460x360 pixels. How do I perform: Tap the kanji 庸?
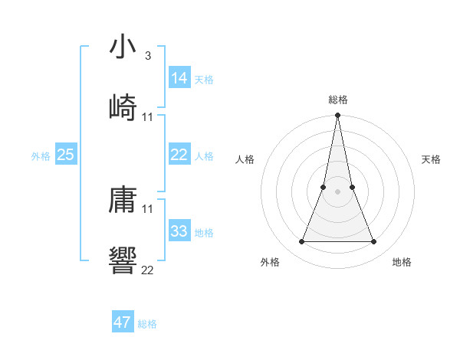[x=123, y=201]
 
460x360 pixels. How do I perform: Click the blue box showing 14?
[x=179, y=77]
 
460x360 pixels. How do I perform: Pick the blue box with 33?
[x=179, y=231]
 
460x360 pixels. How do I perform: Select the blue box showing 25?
[x=66, y=155]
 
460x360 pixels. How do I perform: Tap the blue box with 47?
[x=123, y=322]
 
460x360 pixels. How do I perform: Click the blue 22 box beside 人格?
[x=179, y=155]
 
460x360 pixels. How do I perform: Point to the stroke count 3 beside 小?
[x=147, y=56]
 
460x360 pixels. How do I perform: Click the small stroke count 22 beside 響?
[x=148, y=270]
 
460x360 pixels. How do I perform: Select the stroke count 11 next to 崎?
[x=148, y=116]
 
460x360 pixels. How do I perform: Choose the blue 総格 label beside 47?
[x=147, y=324]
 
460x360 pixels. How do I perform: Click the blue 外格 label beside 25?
[x=41, y=156]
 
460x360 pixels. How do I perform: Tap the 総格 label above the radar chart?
[x=338, y=100]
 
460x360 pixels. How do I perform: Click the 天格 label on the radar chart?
[x=431, y=159]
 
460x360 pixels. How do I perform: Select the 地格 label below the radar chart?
[x=402, y=262]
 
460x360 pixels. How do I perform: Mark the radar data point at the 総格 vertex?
[x=338, y=116]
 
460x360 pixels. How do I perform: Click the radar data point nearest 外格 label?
[x=301, y=242]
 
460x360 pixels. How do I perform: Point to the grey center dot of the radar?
[x=338, y=191]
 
